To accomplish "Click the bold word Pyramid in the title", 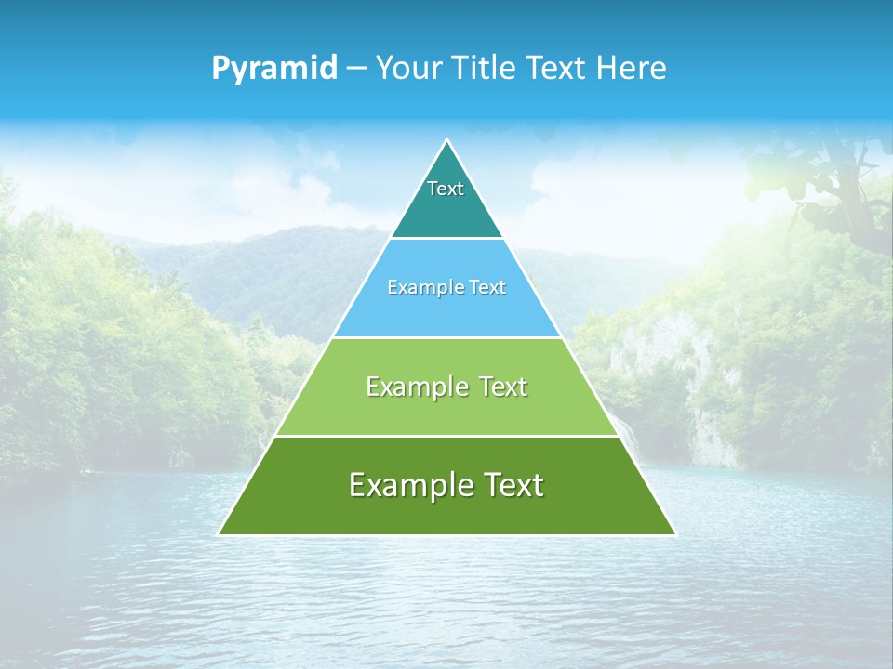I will (x=274, y=69).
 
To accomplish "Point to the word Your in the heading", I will (x=407, y=69).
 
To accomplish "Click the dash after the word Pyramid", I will (x=356, y=69).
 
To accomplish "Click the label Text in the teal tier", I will (x=446, y=189).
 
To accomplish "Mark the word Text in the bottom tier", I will (x=511, y=485).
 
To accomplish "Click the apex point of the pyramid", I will (x=446, y=140).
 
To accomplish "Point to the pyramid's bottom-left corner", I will (x=220, y=534).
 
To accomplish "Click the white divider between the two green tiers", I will (x=446, y=436).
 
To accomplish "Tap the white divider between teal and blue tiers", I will (x=446, y=239).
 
